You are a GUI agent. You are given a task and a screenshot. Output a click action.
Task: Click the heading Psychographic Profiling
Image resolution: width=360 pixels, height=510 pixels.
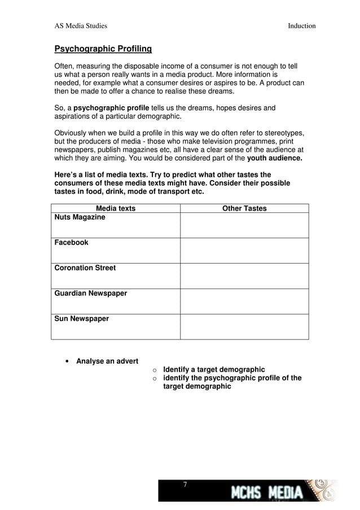[103, 49]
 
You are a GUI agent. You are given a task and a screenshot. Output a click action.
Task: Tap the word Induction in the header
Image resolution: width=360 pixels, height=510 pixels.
[301, 26]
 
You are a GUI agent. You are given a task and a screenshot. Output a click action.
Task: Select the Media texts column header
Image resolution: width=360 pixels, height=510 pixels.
[116, 208]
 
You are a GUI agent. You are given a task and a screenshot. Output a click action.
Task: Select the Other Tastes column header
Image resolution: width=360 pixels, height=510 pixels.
[244, 208]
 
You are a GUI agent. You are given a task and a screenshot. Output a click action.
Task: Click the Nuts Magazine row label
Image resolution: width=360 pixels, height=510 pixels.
[80, 217]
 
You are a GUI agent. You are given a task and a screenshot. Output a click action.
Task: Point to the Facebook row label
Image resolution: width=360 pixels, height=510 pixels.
[71, 243]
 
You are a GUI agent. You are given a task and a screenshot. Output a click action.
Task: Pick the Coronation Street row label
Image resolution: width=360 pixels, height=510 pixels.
[85, 268]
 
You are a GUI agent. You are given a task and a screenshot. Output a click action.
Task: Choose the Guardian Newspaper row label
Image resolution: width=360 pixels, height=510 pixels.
[90, 294]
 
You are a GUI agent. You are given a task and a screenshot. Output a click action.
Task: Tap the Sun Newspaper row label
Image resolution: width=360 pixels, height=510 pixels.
[81, 319]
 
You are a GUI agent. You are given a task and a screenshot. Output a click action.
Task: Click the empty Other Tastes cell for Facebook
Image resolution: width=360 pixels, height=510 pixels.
[244, 251]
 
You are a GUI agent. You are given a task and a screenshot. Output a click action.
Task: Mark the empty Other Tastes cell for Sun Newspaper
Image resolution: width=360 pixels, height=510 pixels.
[244, 327]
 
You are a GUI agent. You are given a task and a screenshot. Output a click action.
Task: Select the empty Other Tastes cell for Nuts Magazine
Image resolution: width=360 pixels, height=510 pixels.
[244, 225]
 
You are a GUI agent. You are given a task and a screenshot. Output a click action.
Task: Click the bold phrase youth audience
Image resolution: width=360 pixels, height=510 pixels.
[275, 159]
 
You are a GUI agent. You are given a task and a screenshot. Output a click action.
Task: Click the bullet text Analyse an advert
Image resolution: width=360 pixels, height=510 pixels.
[107, 361]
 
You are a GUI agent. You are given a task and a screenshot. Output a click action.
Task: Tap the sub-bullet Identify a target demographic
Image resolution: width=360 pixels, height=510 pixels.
[214, 369]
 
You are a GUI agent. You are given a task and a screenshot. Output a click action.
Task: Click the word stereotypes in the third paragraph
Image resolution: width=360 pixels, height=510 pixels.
[280, 133]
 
